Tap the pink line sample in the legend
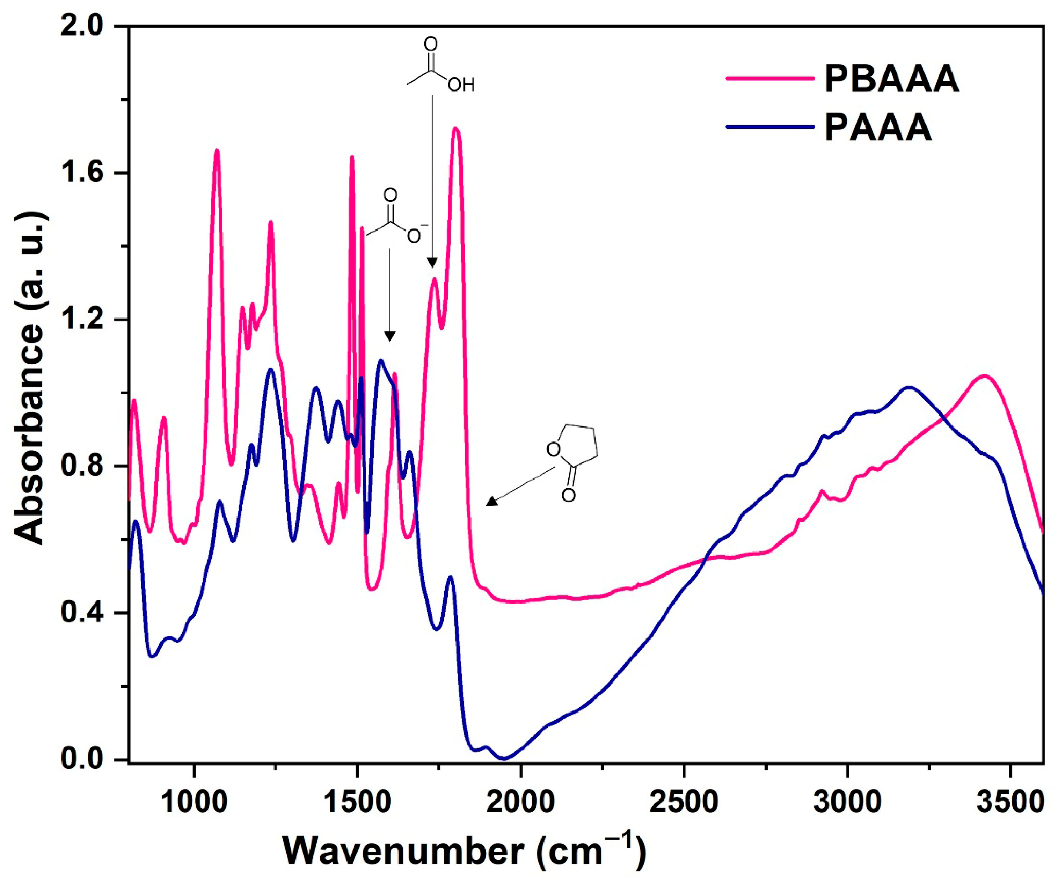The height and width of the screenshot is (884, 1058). (771, 78)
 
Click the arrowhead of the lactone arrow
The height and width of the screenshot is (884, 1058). (490, 503)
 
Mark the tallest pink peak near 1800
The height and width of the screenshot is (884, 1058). (457, 130)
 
